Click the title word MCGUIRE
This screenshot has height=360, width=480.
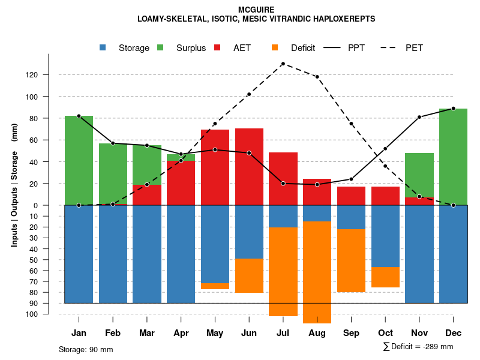click(x=256, y=10)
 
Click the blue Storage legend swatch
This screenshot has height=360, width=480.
click(x=103, y=47)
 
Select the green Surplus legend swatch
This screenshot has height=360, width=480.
click(x=160, y=47)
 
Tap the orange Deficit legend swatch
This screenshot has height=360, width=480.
click(x=275, y=47)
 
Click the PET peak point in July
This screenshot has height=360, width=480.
click(x=283, y=64)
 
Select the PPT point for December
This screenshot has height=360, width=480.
click(x=453, y=109)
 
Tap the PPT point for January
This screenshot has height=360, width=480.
click(x=79, y=116)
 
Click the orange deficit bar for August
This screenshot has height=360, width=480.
click(x=317, y=272)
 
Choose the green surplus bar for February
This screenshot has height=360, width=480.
click(x=113, y=173)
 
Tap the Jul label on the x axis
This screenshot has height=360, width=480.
click(x=283, y=333)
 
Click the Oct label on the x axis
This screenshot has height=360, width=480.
click(x=385, y=333)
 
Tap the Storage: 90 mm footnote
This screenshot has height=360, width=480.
click(x=86, y=349)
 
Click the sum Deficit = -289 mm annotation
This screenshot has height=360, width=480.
click(x=418, y=346)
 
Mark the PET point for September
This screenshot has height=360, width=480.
click(x=351, y=124)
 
